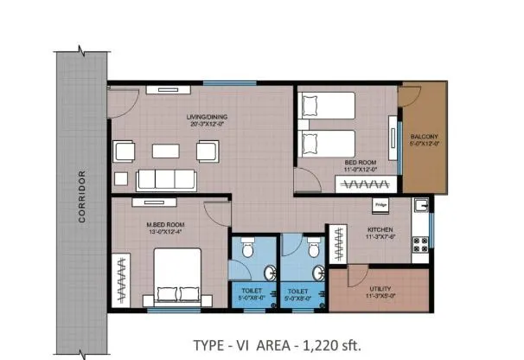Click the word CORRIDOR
click(83, 198)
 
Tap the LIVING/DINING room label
click(208, 116)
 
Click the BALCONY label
click(424, 137)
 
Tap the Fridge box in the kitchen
click(380, 205)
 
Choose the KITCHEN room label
click(380, 228)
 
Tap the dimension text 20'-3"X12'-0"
click(208, 123)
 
